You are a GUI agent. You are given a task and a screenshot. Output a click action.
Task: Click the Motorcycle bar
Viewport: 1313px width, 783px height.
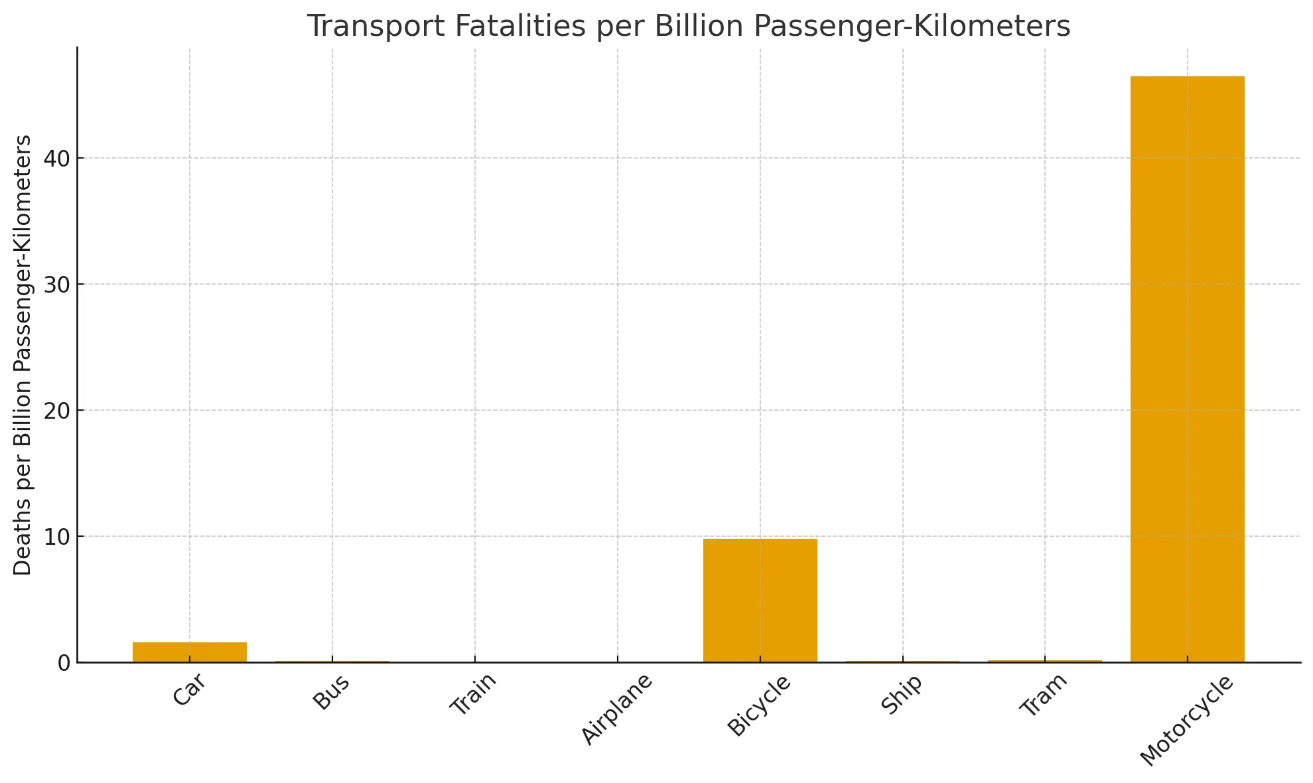[x=1187, y=369]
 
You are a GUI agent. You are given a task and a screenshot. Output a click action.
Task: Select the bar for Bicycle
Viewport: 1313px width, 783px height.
[x=760, y=600]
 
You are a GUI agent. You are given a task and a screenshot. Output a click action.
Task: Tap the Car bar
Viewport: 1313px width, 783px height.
[x=190, y=652]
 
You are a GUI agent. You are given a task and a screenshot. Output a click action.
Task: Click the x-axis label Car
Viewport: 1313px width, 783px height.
[x=189, y=691]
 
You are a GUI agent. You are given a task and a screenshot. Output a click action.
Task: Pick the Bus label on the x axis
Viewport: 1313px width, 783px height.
[x=331, y=693]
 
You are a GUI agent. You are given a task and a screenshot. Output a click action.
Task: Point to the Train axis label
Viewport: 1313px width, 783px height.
[x=473, y=695]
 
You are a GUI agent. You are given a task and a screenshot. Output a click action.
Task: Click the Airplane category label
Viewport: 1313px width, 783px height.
[x=617, y=709]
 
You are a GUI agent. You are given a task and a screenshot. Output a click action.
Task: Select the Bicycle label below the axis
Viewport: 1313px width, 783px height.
[x=759, y=706]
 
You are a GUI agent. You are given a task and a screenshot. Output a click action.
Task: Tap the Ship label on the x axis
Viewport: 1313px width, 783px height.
[x=902, y=695]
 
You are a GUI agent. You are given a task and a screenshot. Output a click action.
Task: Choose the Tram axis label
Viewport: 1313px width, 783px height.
[x=1044, y=695]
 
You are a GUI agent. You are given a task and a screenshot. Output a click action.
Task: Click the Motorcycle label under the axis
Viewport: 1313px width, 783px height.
[x=1186, y=721]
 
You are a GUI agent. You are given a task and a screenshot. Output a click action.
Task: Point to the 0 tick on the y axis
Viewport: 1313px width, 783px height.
[x=64, y=663]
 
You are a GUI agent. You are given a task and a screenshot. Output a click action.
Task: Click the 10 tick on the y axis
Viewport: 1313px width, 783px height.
[x=57, y=537]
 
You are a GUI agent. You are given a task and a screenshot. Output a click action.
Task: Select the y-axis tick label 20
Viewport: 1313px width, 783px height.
[x=57, y=411]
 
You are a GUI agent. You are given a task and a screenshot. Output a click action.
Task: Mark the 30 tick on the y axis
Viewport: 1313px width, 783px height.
[x=57, y=285]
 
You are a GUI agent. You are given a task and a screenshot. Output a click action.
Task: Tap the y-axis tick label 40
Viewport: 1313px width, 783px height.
[x=57, y=159]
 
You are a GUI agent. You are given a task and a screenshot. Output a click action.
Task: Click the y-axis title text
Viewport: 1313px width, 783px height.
[x=23, y=355]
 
